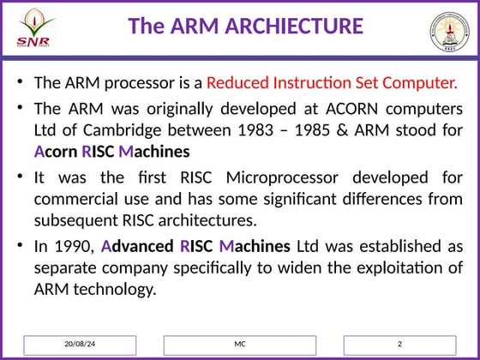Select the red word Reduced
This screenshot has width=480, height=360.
[237, 83]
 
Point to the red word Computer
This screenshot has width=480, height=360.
[421, 83]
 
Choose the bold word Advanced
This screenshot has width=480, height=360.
[137, 246]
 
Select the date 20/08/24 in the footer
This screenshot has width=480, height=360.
[79, 344]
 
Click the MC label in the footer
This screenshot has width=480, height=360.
[239, 344]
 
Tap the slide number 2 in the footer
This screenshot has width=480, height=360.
[399, 344]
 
